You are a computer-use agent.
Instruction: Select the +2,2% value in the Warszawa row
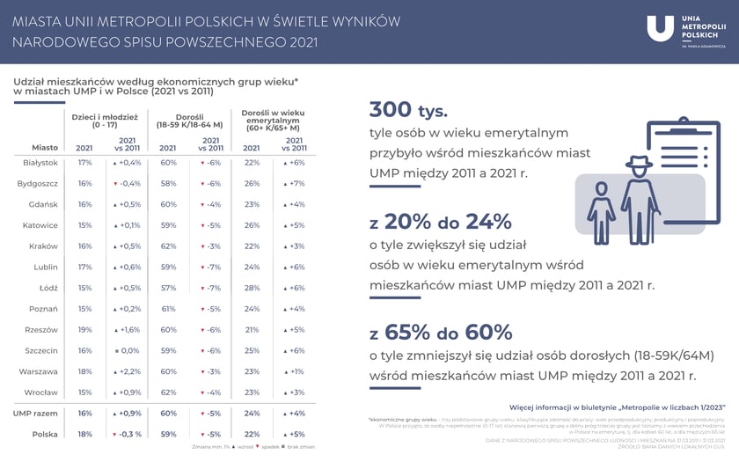click(128, 371)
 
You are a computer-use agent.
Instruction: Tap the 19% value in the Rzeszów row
click(84, 330)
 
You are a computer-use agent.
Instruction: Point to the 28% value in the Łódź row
click(252, 288)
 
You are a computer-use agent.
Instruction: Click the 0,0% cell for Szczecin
click(129, 350)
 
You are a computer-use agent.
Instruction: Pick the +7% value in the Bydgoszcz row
click(295, 184)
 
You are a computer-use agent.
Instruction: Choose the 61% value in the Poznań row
click(169, 309)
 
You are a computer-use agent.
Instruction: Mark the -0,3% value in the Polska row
click(128, 434)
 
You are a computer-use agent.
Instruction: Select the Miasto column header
click(45, 148)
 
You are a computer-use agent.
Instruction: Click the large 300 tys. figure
click(407, 110)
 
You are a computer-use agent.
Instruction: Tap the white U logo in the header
click(660, 28)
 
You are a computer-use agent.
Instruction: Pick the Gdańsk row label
click(43, 204)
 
